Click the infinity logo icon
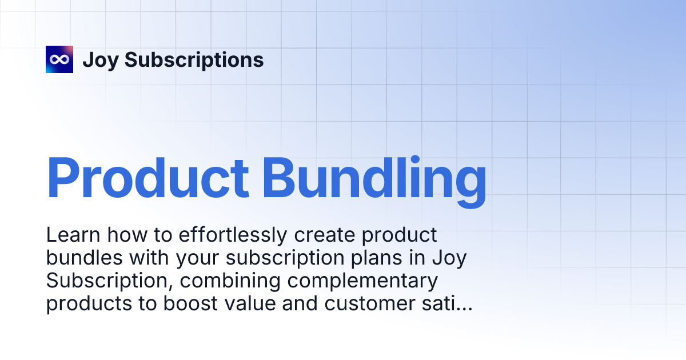tap(59, 59)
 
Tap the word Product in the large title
tap(147, 179)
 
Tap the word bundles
tap(84, 258)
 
